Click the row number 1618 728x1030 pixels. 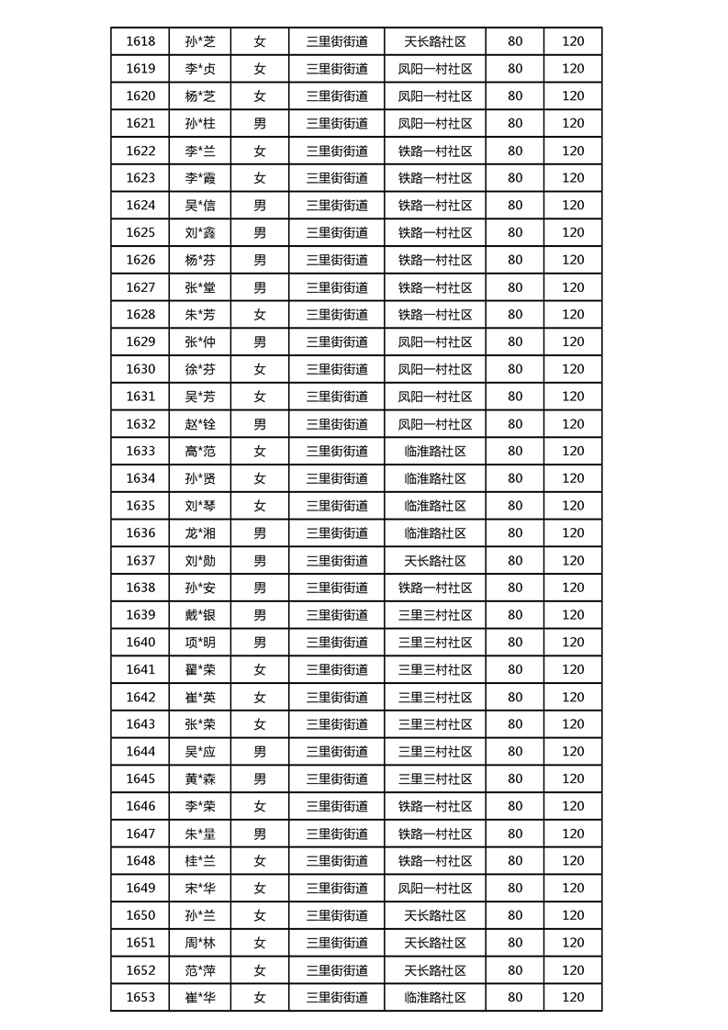coord(140,41)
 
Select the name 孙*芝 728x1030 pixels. coord(200,41)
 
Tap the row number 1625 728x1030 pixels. coord(140,232)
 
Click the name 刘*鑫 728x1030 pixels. coord(200,232)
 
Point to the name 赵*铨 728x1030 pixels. coord(200,424)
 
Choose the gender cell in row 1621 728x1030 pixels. coord(260,123)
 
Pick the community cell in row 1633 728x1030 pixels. coord(435,451)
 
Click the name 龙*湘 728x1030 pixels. coord(200,533)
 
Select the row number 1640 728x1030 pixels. coord(140,643)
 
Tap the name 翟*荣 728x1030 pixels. coord(200,670)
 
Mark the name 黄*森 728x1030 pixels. coord(200,779)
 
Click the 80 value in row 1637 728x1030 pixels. coord(515,561)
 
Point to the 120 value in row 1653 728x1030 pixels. coord(573,998)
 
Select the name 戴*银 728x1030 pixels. coord(200,615)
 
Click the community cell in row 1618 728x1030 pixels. coord(435,41)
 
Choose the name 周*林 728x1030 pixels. coord(200,943)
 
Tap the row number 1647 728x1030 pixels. coord(140,834)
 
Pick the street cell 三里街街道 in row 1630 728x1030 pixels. coord(337,369)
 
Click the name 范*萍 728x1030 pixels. coord(200,970)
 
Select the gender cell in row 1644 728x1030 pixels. coord(260,752)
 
